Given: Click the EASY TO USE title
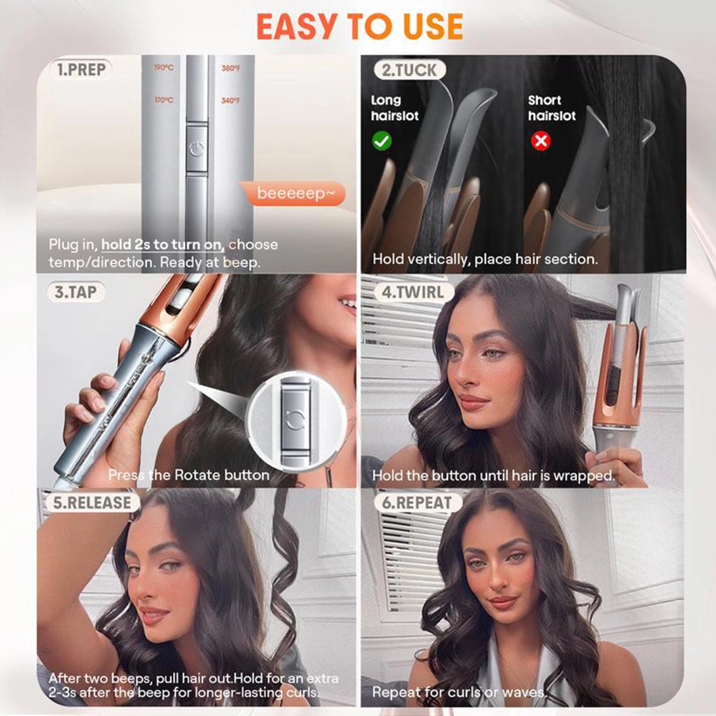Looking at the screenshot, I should click(x=359, y=27).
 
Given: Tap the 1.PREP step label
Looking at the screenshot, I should click(x=82, y=70).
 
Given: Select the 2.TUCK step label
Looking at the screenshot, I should click(x=409, y=70).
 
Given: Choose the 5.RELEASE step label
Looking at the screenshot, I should click(x=89, y=502).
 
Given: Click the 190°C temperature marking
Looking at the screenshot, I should click(x=163, y=68).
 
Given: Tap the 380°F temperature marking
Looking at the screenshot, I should click(x=231, y=68).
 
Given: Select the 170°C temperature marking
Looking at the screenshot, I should click(x=163, y=100).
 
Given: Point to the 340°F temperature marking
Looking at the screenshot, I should click(x=231, y=101).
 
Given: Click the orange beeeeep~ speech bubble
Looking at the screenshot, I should click(x=292, y=194).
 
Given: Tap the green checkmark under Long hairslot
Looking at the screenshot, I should click(x=382, y=141).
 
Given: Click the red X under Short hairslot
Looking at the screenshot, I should click(x=541, y=141).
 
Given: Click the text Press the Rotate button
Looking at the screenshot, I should click(x=189, y=475).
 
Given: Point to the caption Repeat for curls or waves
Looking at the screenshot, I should click(x=459, y=692).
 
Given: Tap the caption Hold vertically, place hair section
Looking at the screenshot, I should click(x=485, y=259).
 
